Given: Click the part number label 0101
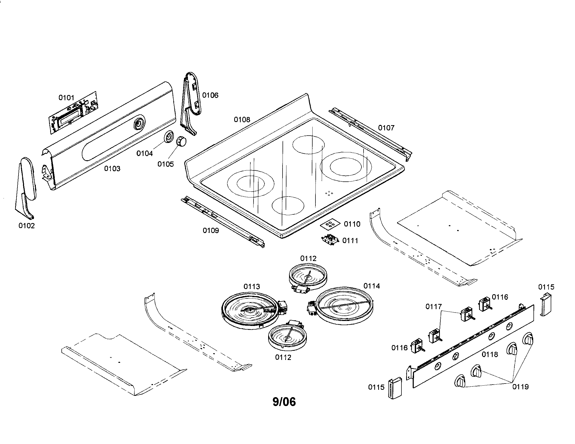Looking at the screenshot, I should pos(66,98).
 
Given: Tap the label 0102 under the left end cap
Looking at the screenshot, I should pos(26,226).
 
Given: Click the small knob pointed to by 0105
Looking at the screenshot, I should pos(181,141).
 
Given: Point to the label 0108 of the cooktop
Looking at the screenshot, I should pos(242,120).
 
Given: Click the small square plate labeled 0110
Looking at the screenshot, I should pos(330,224).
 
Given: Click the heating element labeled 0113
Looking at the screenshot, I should pos(250,313).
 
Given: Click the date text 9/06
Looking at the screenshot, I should pos(284,402).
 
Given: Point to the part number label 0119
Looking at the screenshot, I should pos(520,387).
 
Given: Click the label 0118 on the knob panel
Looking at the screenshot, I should pos(490,354).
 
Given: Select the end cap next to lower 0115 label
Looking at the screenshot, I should pos(395,388).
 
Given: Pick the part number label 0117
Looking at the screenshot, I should pos(433,307).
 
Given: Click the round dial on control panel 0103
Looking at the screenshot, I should pos(139,124).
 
